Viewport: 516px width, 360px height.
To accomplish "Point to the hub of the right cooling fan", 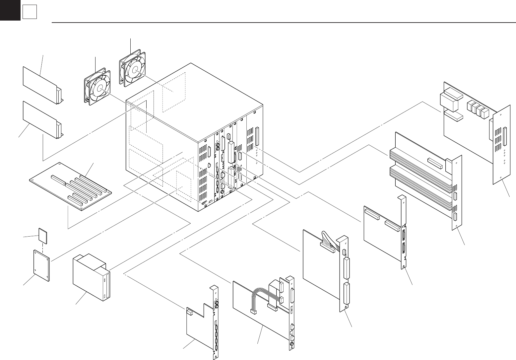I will click(135, 70).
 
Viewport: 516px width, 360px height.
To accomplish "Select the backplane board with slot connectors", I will click(70, 186).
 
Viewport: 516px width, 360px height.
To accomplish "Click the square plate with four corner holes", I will click(42, 265).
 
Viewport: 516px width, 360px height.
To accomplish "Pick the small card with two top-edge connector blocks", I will click(383, 232).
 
